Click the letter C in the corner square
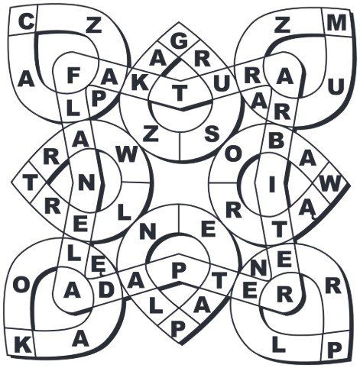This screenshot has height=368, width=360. pyautogui.click(x=27, y=22)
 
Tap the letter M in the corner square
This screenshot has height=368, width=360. pyautogui.click(x=336, y=23)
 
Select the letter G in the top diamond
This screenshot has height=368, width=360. pyautogui.click(x=179, y=41)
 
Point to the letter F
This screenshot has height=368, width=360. pyautogui.click(x=73, y=76)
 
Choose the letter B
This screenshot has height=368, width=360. pyautogui.click(x=276, y=140)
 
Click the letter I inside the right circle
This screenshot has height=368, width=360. pyautogui.click(x=272, y=185)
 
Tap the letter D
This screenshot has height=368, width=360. pyautogui.click(x=106, y=290)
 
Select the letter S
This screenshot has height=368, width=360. pyautogui.click(x=212, y=134)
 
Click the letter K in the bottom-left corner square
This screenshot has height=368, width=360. pyautogui.click(x=23, y=345)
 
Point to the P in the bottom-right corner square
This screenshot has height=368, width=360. pyautogui.click(x=335, y=350)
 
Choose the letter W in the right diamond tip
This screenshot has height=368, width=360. pyautogui.click(x=330, y=183)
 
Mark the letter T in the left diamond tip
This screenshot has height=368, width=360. pyautogui.click(x=31, y=183)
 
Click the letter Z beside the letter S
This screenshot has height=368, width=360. pyautogui.click(x=151, y=134)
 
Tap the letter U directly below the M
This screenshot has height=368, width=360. pyautogui.click(x=336, y=86)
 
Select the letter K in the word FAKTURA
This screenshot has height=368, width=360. pyautogui.click(x=140, y=83)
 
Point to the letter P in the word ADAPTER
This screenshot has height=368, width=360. pyautogui.click(x=179, y=270)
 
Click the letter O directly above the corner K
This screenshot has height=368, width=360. pyautogui.click(x=21, y=286)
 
